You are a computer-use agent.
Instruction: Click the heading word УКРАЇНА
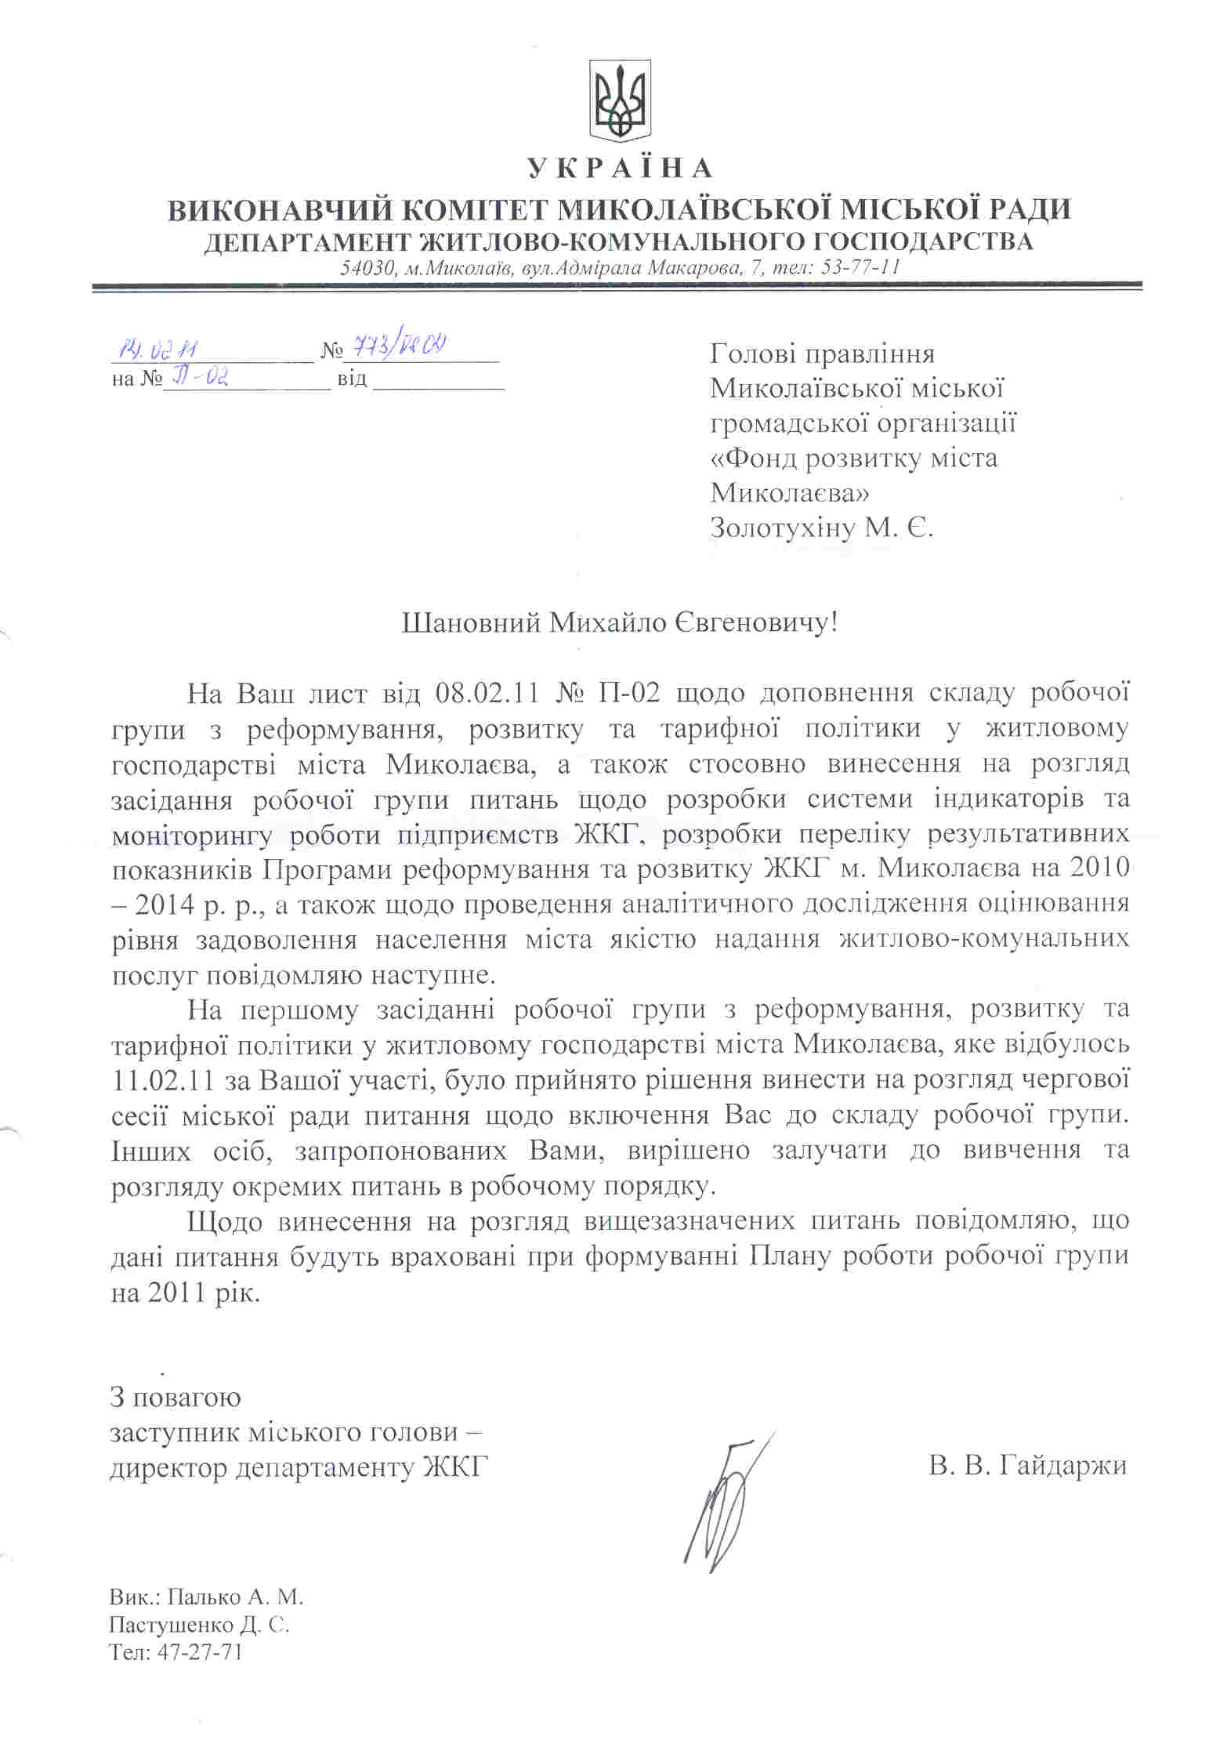619,169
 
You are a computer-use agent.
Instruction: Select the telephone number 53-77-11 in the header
859,267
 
